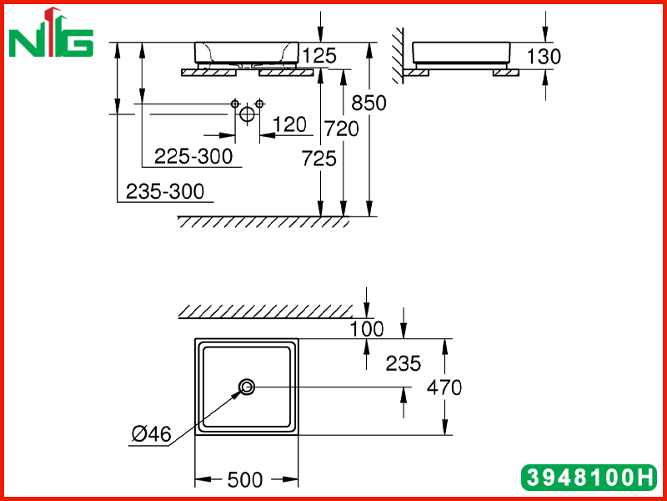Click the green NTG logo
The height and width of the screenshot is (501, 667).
coord(51,33)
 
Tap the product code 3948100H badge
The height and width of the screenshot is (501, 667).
coord(589,477)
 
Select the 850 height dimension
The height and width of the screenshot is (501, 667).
coord(369,103)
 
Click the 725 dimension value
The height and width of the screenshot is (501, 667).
coord(319,159)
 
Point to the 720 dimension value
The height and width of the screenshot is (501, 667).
coord(342,129)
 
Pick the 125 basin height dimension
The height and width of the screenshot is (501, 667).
coord(319,56)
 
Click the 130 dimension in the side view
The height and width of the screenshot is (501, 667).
coord(544,56)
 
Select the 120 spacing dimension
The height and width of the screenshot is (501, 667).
coord(289,124)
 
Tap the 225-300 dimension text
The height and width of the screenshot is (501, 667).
coord(193,156)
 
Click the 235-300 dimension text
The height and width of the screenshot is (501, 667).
coord(165,191)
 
